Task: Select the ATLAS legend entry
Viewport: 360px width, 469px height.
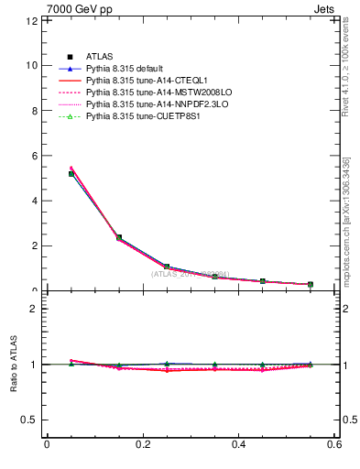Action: pos(100,57)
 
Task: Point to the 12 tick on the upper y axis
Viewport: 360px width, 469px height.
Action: pos(31,20)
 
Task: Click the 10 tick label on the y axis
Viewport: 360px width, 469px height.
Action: pos(31,65)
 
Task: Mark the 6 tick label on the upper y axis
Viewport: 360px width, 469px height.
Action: pos(34,156)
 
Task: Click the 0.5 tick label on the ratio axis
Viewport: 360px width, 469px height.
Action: pos(29,420)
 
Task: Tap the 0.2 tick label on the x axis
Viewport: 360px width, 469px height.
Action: pos(142,446)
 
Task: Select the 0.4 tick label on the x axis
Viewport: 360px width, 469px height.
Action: pos(238,446)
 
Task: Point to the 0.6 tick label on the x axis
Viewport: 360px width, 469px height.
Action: pos(333,446)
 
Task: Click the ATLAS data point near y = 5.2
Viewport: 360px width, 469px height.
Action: pos(71,173)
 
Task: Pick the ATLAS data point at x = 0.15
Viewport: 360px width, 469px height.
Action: pos(119,237)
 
